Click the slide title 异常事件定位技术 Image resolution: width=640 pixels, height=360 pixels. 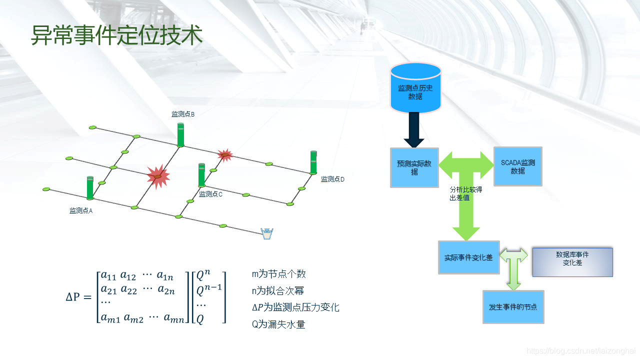pos(116,35)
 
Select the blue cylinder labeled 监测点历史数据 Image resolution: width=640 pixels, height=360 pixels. pos(415,88)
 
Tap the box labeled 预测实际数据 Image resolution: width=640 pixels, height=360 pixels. pos(414,167)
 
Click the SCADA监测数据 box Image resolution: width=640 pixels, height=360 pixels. pos(517,166)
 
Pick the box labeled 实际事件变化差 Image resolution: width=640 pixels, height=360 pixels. pos(468,257)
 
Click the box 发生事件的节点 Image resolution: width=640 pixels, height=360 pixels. pos(513,306)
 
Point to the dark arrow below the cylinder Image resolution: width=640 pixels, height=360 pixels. pos(414,129)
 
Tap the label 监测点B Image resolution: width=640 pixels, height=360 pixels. pos(182,114)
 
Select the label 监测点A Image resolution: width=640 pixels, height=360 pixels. pos(81,211)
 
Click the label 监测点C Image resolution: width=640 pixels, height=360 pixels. pos(210,194)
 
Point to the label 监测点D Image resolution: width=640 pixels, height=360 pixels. pos(332,179)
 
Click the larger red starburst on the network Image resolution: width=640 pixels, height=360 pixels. pos(158,176)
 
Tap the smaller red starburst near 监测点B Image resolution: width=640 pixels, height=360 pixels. pos(225,155)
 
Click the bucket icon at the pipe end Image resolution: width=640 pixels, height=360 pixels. pos(267,233)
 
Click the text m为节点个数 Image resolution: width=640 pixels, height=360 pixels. pos(278,274)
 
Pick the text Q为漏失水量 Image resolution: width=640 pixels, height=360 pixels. pos(278,324)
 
